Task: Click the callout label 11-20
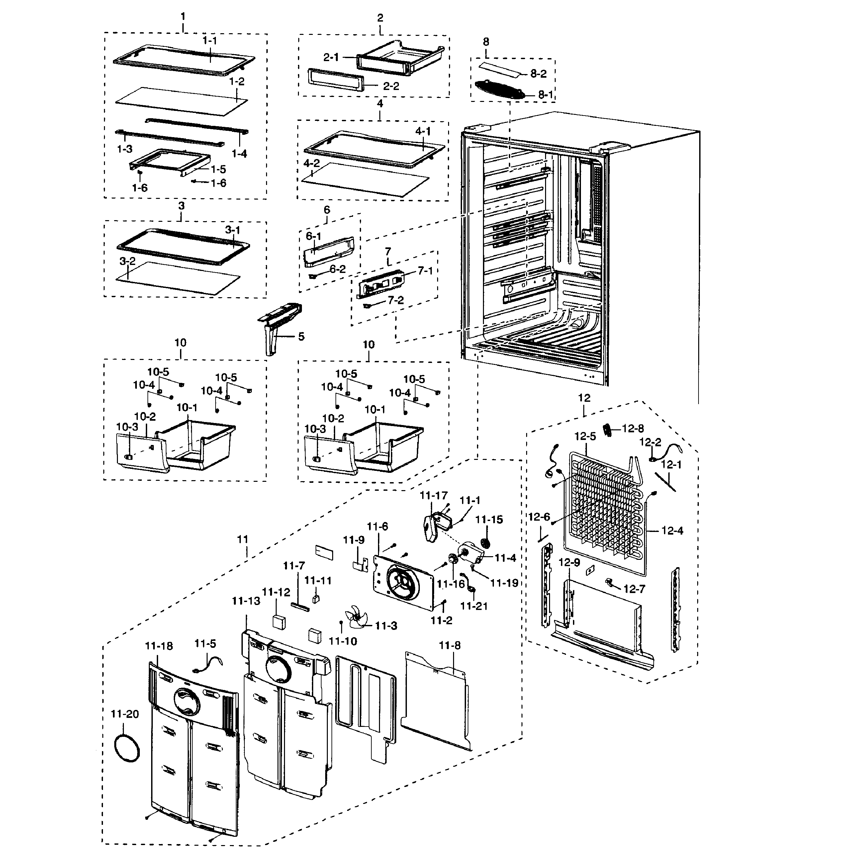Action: point(125,714)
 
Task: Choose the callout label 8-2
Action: point(538,74)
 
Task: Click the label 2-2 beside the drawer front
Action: point(391,86)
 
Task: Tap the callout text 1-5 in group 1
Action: point(218,169)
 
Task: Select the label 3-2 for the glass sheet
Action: point(127,261)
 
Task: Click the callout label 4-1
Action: point(423,131)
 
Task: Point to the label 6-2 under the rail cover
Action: point(337,269)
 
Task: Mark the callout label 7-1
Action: point(425,271)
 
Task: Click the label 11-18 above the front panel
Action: point(159,646)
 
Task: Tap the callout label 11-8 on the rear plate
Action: point(450,646)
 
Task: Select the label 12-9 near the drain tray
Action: point(569,562)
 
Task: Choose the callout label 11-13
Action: point(246,601)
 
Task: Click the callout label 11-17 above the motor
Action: point(434,495)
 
